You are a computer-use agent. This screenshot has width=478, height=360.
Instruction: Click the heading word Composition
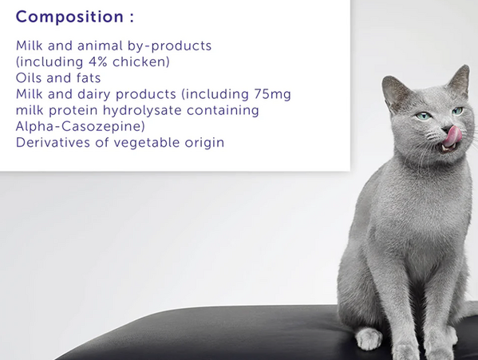click(69, 17)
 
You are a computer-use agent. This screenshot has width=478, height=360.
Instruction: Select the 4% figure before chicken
click(98, 62)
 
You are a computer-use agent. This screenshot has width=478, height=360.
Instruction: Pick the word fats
click(89, 78)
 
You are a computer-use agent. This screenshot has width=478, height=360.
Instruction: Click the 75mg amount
click(273, 94)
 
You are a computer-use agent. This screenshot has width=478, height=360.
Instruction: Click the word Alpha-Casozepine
click(80, 126)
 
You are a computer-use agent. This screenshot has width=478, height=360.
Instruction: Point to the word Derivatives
click(53, 143)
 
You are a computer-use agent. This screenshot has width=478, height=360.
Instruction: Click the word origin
click(204, 143)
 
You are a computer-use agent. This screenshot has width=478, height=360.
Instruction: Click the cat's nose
click(447, 129)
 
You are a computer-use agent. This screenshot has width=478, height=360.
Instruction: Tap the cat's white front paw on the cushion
click(369, 338)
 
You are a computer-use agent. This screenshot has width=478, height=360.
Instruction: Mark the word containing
click(223, 110)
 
